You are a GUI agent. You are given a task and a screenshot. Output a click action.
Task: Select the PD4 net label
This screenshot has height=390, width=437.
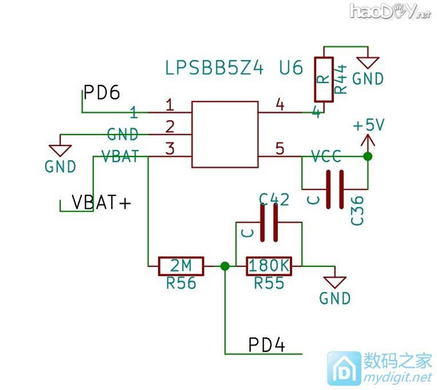[x=266, y=344]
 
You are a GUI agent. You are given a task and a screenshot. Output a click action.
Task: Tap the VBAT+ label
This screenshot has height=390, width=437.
[x=101, y=202]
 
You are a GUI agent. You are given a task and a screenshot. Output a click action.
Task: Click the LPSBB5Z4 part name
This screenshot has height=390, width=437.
[x=215, y=69]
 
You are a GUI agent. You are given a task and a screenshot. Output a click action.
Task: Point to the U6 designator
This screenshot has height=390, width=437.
[x=290, y=69]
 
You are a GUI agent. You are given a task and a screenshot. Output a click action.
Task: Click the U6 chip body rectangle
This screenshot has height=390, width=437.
[x=224, y=134]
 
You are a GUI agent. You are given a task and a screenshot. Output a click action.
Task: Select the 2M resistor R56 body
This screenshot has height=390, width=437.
[x=181, y=265]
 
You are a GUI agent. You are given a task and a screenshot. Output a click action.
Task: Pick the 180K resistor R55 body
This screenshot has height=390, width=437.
[x=269, y=265]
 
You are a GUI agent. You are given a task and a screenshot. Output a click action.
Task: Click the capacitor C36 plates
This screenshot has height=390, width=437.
[x=334, y=189]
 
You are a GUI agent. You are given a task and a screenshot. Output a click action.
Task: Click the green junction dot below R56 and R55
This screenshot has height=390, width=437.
[x=225, y=265]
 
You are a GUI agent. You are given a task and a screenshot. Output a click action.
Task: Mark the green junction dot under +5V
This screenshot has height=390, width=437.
[x=368, y=157]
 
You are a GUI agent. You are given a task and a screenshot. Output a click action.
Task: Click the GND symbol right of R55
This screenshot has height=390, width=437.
[x=335, y=283]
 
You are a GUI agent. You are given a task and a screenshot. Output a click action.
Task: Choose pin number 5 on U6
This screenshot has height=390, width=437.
[x=279, y=149]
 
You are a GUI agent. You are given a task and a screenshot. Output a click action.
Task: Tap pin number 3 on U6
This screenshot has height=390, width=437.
[x=170, y=149]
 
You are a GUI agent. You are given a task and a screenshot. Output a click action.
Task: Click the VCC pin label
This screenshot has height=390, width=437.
[x=326, y=156]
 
